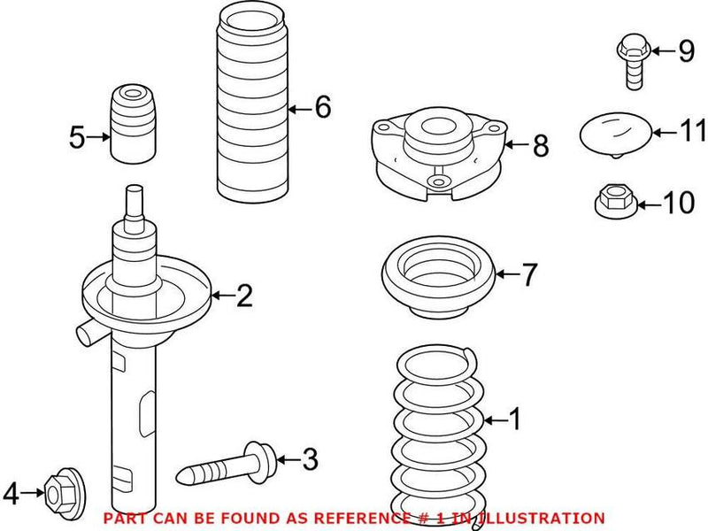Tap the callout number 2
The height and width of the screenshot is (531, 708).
pyautogui.click(x=244, y=296)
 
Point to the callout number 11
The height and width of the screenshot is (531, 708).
pyautogui.click(x=694, y=132)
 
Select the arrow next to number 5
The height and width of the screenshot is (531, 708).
pyautogui.click(x=99, y=137)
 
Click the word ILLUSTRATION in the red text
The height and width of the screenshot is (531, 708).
pyautogui.click(x=546, y=518)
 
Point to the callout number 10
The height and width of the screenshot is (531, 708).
pyautogui.click(x=679, y=204)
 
